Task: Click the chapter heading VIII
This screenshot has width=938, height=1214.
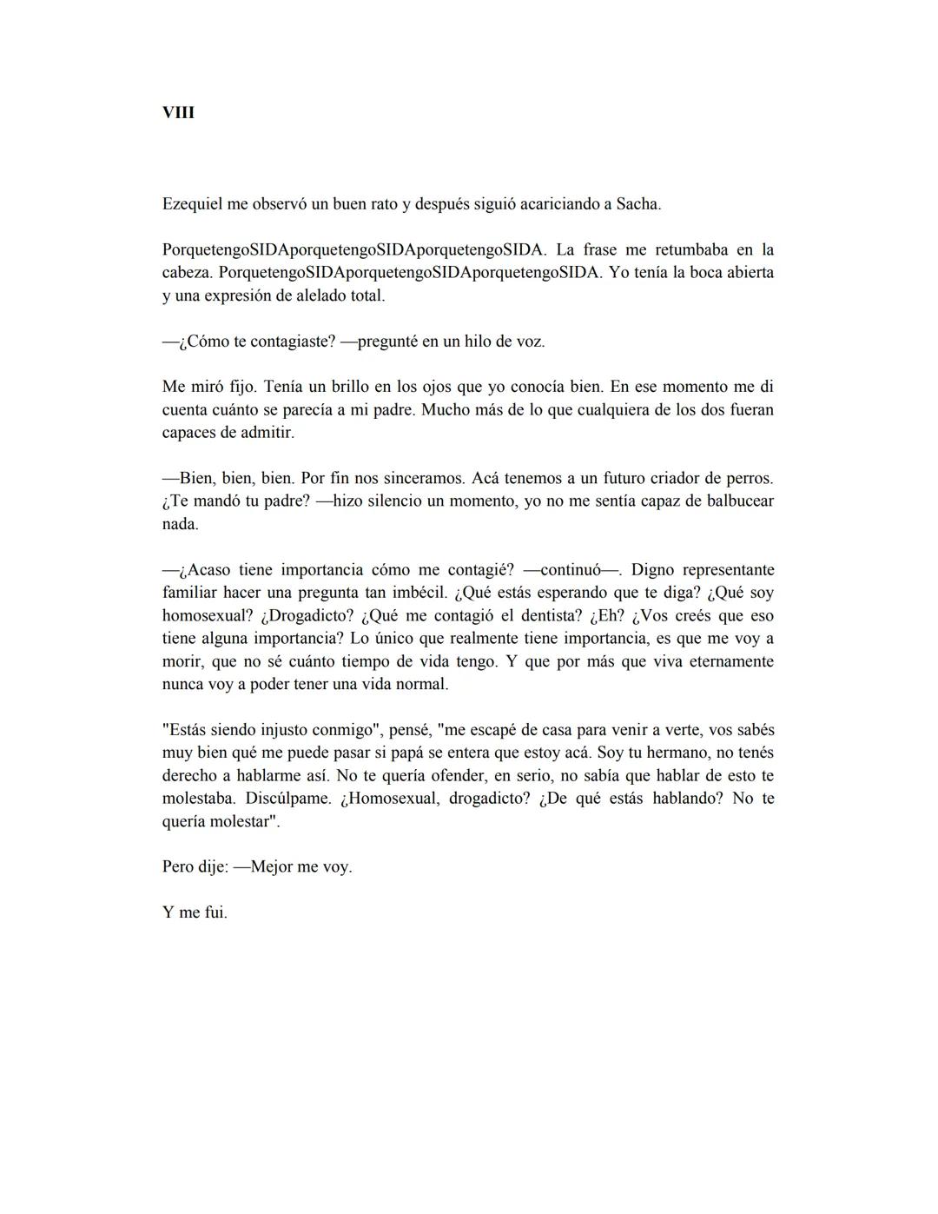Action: tap(178, 113)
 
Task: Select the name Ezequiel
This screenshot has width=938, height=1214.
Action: tap(192, 204)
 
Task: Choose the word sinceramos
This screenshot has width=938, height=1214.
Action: tap(421, 478)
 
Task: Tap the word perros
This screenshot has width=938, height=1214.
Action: tap(749, 478)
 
